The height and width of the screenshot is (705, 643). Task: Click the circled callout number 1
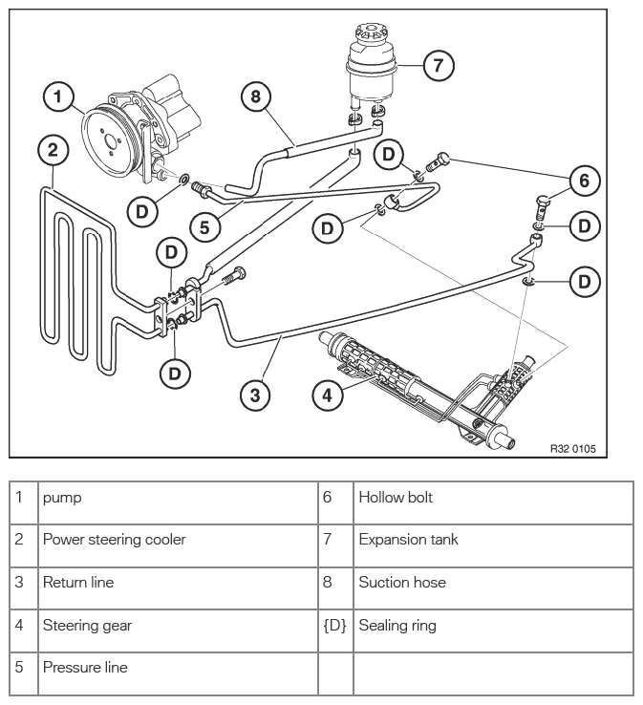tap(58, 96)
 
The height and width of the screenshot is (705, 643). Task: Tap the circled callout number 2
tap(54, 150)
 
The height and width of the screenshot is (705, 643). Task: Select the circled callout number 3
tap(255, 395)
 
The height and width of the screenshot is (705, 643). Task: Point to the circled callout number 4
tap(328, 395)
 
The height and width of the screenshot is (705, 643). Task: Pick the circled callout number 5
tap(204, 227)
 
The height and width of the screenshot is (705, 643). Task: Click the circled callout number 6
tap(584, 181)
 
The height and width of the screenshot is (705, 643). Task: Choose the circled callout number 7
tap(439, 66)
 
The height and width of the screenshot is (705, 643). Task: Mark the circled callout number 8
tap(256, 96)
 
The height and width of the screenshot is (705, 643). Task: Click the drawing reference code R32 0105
tap(573, 448)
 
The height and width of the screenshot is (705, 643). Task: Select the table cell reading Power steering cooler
tap(115, 540)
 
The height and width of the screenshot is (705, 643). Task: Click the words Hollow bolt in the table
tap(396, 498)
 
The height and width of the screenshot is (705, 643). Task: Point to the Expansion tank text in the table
tap(408, 540)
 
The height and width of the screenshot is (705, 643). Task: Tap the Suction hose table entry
tap(402, 583)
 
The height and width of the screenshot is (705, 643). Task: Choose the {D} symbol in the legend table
tap(335, 626)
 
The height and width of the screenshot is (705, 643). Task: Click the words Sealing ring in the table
tap(397, 626)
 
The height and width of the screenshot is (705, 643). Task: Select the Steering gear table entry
tap(87, 626)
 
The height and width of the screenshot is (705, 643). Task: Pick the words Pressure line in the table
tap(85, 667)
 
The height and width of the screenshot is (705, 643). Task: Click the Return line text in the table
tap(78, 583)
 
